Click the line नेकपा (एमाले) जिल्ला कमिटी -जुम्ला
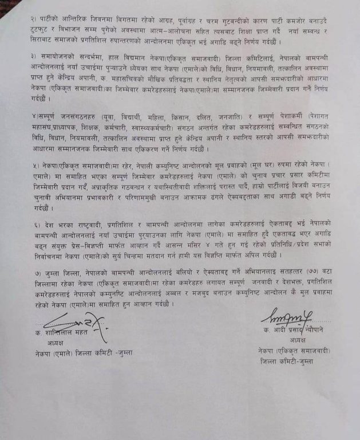(x=83, y=353)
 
